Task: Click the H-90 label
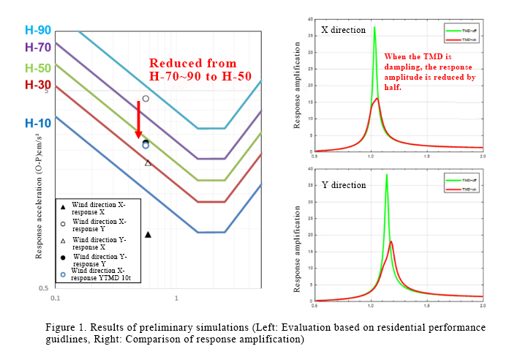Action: click(37, 31)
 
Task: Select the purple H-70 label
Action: click(37, 48)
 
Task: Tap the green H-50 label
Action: click(37, 68)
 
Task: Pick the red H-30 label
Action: click(37, 85)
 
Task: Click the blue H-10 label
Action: click(37, 123)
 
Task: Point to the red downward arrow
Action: click(138, 120)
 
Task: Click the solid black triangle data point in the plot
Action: click(148, 234)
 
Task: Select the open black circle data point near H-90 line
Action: click(146, 99)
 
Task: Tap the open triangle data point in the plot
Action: click(148, 162)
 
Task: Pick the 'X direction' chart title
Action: click(343, 31)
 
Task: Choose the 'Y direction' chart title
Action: click(343, 184)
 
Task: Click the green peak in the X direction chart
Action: click(374, 29)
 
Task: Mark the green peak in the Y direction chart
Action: click(387, 176)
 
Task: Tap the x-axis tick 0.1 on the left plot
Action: click(55, 299)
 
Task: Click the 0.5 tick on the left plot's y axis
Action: click(45, 288)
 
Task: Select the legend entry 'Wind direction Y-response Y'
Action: click(99, 260)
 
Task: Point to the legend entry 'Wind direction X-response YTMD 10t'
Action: click(99, 274)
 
